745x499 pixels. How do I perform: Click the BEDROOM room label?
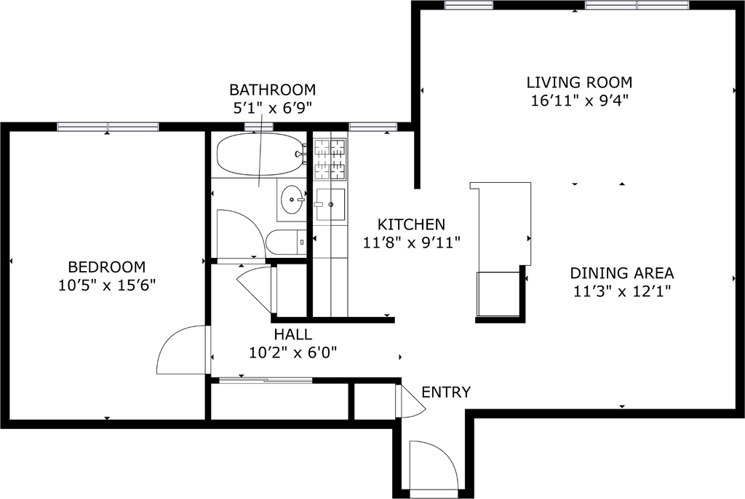click(107, 267)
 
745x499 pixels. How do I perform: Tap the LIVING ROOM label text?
click(579, 82)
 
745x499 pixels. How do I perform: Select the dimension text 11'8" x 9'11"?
click(412, 243)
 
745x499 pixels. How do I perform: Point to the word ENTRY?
click(446, 393)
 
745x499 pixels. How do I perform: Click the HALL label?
click(292, 334)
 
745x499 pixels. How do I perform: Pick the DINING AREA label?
click(622, 273)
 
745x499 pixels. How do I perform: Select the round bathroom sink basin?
click(292, 200)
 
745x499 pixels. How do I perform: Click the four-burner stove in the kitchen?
click(330, 160)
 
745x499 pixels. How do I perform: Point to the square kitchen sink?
click(330, 205)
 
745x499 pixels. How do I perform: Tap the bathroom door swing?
click(240, 234)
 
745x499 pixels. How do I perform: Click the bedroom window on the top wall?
click(108, 127)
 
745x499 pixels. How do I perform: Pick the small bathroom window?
click(259, 127)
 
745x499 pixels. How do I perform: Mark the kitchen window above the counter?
click(373, 127)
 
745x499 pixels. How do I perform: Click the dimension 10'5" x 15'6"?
click(107, 286)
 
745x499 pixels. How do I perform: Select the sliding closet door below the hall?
click(266, 380)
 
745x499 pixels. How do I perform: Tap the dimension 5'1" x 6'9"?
click(272, 109)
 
